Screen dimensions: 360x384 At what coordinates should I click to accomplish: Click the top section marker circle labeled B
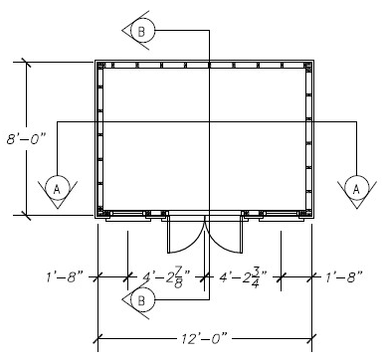pyautogui.click(x=141, y=31)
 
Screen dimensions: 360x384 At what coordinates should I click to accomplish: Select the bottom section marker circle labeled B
pyautogui.click(x=140, y=300)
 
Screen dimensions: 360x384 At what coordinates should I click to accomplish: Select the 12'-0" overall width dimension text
pyautogui.click(x=205, y=334)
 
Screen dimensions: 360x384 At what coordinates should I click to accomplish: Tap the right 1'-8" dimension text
pyautogui.click(x=345, y=276)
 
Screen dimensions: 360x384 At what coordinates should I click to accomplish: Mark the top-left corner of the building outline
pyautogui.click(x=96, y=61)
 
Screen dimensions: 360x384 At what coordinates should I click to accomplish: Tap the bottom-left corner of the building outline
pyautogui.click(x=96, y=216)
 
